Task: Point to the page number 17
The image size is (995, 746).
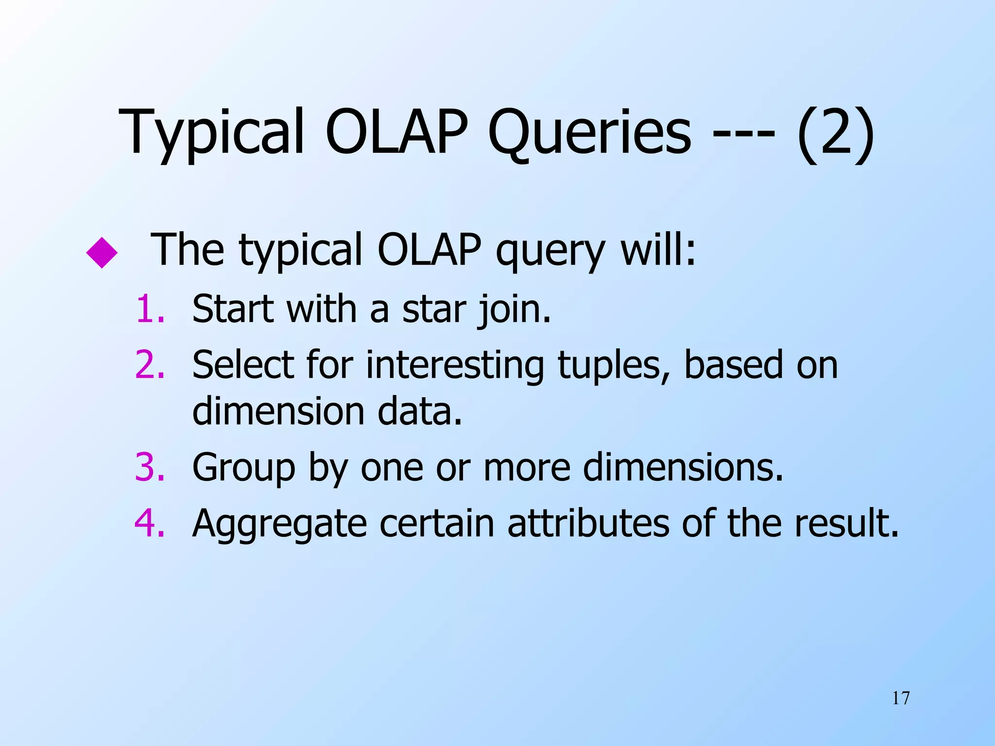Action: point(901,698)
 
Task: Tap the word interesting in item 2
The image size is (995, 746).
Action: point(454,365)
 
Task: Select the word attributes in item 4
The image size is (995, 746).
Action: point(588,524)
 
